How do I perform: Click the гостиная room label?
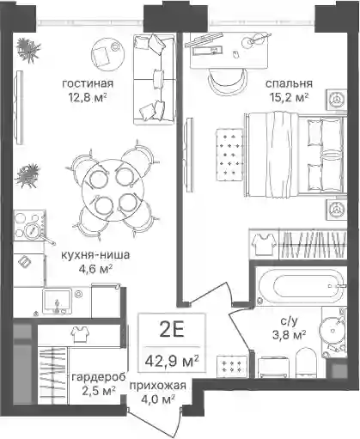pos(88,83)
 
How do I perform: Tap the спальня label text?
pos(289,83)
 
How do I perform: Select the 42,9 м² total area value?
pos(172,362)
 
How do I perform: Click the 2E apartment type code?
pos(172,329)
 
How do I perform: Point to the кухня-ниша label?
pos(95,254)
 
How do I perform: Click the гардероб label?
pos(99,377)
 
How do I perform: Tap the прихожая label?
pos(158,386)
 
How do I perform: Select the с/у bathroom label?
pos(289,321)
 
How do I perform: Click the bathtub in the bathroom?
pos(301,286)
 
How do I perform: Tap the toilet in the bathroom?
pos(306,363)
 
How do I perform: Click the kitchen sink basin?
pos(57,301)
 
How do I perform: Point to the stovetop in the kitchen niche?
pos(29,225)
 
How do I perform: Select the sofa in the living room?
pos(155,79)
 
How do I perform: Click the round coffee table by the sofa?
pos(108,54)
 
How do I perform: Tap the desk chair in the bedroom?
pos(228,81)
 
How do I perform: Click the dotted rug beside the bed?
pos(229,155)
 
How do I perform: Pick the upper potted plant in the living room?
pos(28,50)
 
